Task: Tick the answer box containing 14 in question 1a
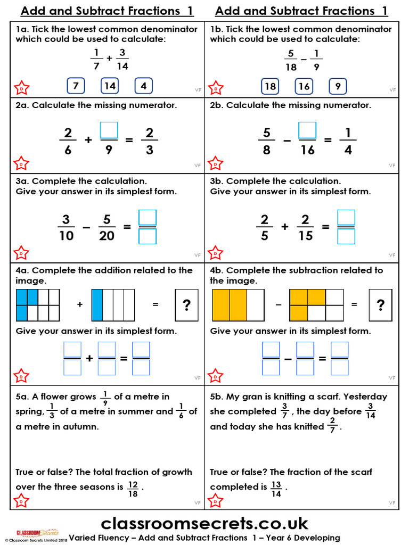point(110,86)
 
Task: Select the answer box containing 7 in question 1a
point(76,86)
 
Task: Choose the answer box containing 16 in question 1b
point(304,86)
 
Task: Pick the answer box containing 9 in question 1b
point(338,86)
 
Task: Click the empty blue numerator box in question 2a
point(109,130)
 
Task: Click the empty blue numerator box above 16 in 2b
point(307,130)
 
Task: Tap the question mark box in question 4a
point(186,305)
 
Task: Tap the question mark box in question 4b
point(380,305)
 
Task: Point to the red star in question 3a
point(21,252)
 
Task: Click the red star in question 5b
point(216,501)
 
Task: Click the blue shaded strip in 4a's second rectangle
point(97,305)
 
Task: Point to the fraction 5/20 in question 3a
point(107,227)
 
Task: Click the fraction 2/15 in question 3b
point(306,227)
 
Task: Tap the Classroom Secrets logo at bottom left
point(37,532)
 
